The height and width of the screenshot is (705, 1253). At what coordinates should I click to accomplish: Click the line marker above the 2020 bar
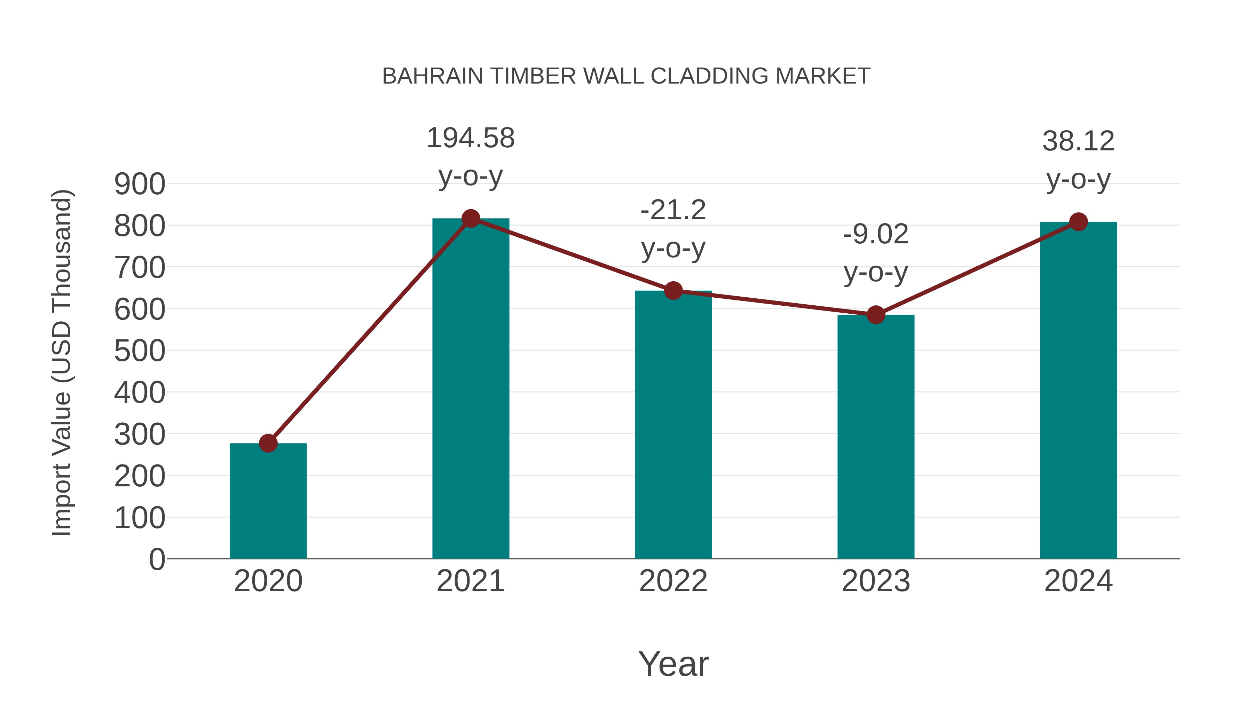tap(268, 443)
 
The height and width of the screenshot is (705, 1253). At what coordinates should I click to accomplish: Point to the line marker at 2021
tap(470, 219)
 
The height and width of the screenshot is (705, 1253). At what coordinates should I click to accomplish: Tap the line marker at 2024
tap(1078, 222)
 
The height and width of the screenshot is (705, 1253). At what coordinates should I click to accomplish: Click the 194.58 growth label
tap(470, 138)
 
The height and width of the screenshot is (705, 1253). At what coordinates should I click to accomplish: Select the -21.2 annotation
tap(673, 210)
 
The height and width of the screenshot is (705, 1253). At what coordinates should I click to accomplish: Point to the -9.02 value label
tap(876, 235)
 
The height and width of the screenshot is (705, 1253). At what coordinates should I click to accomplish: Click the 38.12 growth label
tap(1078, 142)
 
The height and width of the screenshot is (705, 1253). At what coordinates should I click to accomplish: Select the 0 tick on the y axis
tap(157, 559)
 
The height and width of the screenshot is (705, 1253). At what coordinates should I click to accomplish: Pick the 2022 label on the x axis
tap(673, 581)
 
